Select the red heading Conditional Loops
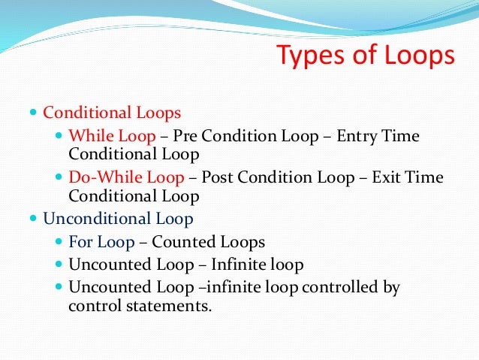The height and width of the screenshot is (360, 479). (x=112, y=113)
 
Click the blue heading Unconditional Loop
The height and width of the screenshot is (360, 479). (x=118, y=219)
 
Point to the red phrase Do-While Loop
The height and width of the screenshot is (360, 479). (x=126, y=178)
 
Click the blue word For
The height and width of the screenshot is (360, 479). (x=80, y=243)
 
